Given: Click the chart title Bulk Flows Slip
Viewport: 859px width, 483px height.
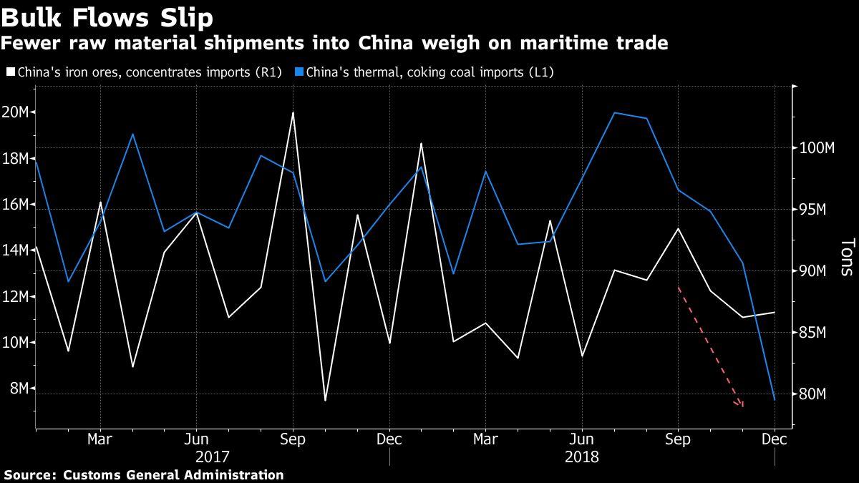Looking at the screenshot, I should (x=107, y=16).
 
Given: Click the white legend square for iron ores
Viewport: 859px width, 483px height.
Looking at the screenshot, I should (x=9, y=72).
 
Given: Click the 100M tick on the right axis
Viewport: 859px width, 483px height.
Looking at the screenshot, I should (x=816, y=148).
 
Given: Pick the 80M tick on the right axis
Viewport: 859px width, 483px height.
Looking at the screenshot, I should (x=814, y=394).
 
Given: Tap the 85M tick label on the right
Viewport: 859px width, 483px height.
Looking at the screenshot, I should (x=814, y=333).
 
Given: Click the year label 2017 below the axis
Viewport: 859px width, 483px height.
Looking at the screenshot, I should (x=213, y=455).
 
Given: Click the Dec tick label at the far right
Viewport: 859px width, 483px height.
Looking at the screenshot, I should (x=775, y=439).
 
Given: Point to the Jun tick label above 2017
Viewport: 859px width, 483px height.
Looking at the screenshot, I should (x=196, y=439).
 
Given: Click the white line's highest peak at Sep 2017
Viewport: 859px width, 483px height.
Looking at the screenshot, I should (x=293, y=112).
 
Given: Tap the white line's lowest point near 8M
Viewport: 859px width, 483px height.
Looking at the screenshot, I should (x=325, y=400).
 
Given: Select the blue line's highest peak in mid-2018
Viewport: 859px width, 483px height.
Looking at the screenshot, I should (x=614, y=112).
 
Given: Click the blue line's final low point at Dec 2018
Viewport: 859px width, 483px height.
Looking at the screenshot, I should (x=775, y=399).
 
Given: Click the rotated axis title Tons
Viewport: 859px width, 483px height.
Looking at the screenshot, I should (x=846, y=258).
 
